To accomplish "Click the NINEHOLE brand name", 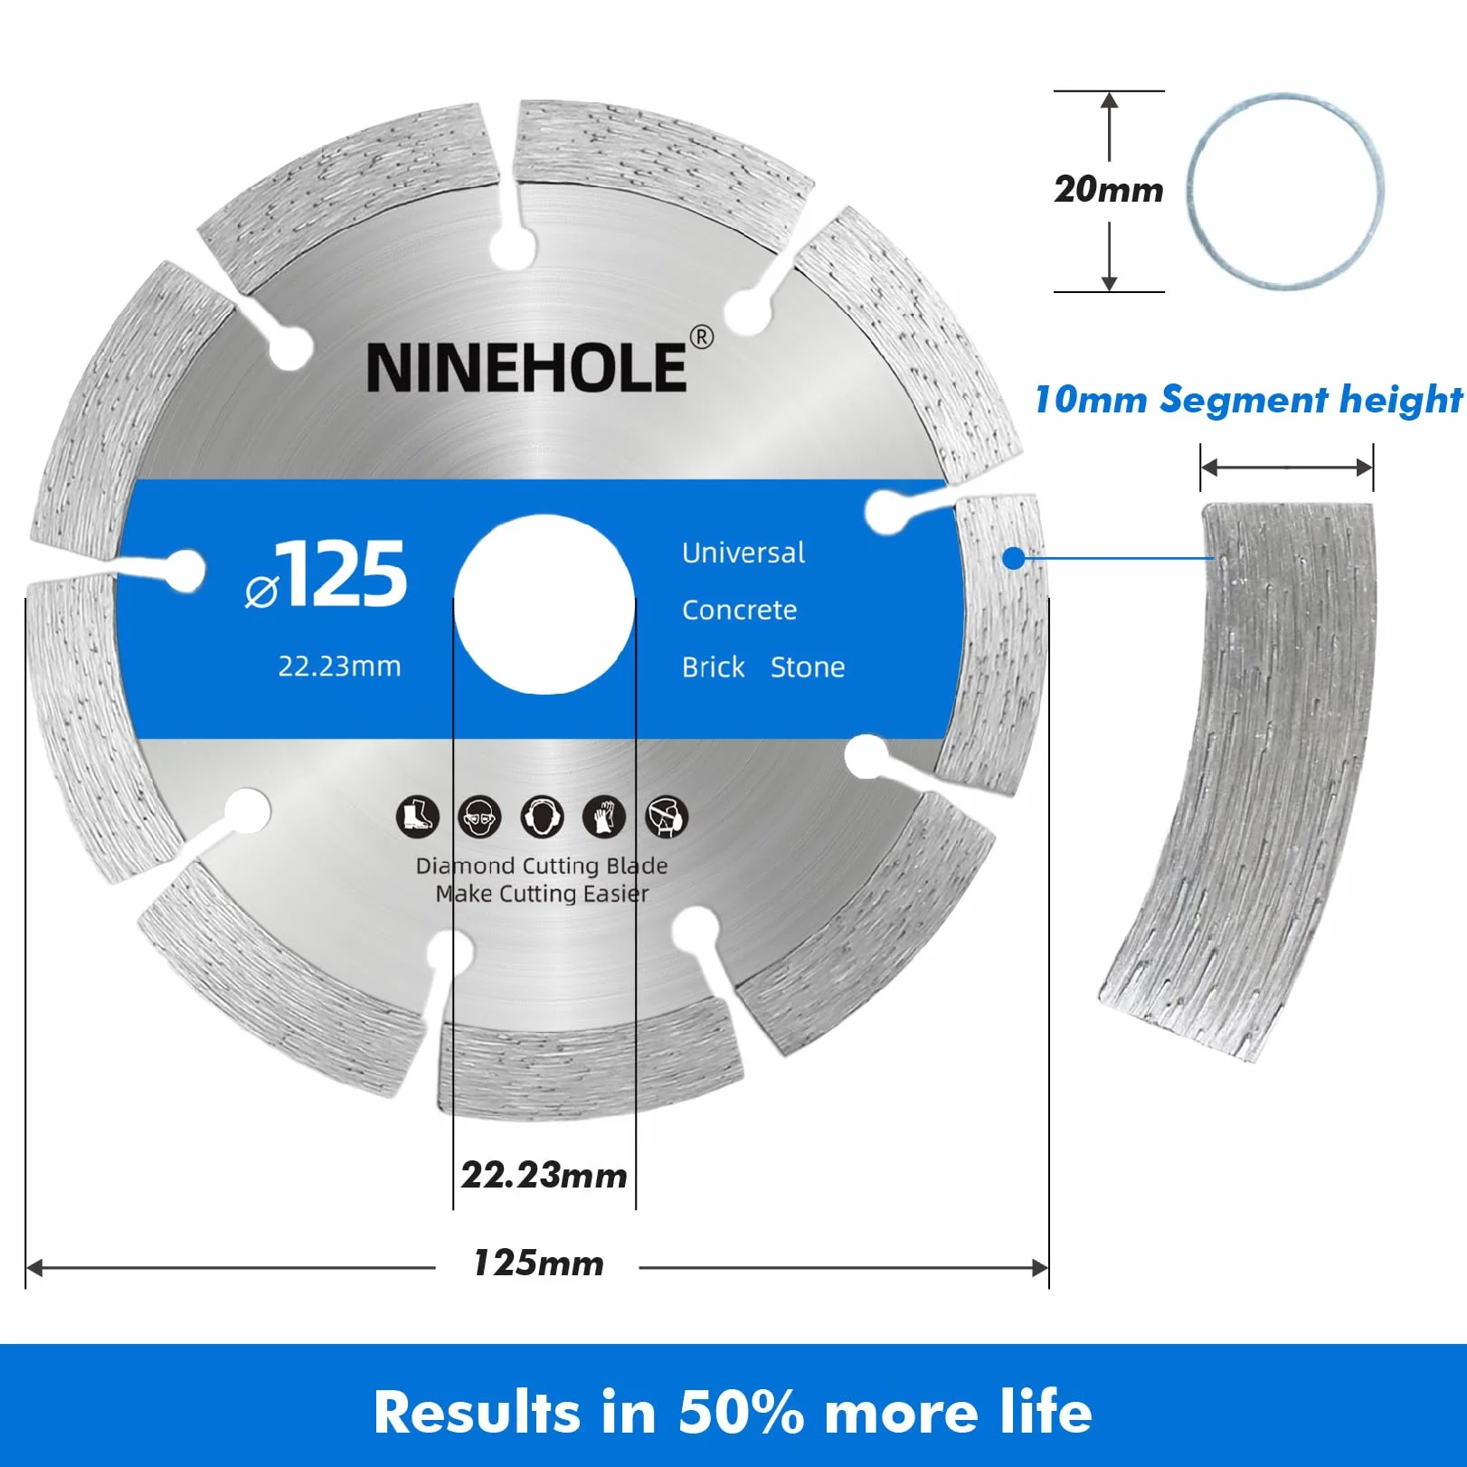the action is pos(526,367).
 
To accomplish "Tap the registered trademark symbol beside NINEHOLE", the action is pos(702,337).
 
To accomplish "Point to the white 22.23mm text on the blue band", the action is pos(339,667).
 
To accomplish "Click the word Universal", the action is pos(743,553).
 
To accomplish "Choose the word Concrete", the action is pos(740,610).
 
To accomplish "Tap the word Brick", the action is pos(714,667).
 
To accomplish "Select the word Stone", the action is pos(808,667).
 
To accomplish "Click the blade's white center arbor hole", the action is pos(544,604).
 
